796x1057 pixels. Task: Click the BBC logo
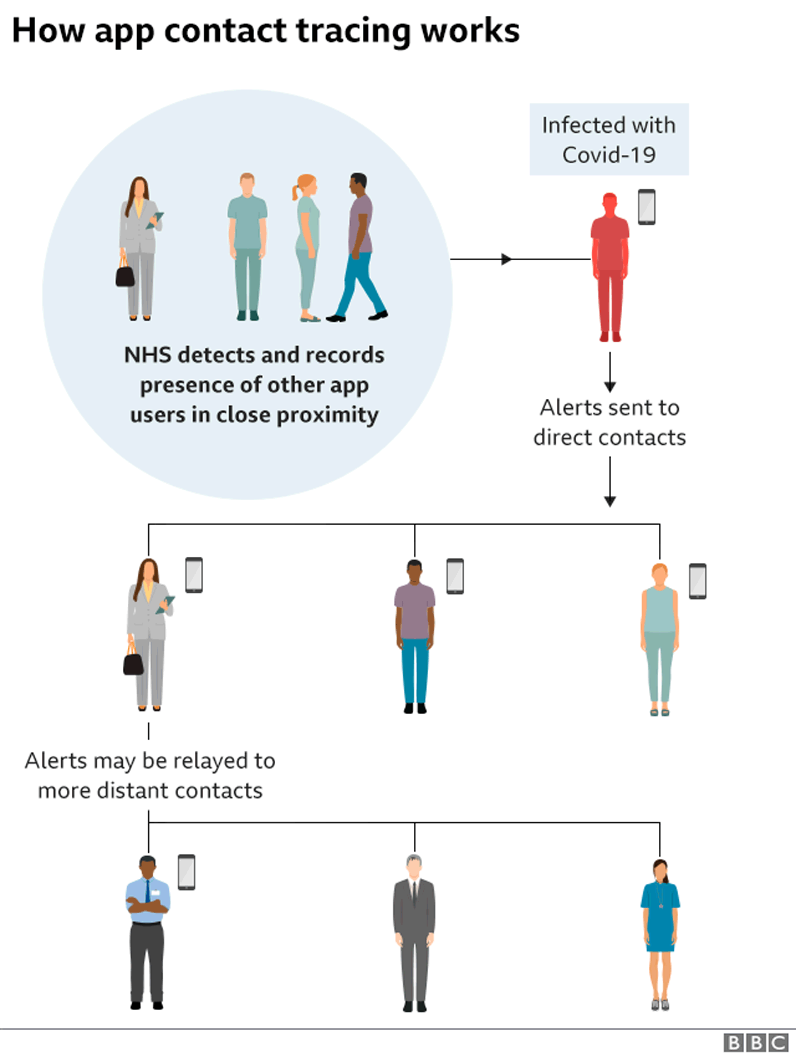click(756, 1042)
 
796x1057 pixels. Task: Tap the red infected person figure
click(610, 267)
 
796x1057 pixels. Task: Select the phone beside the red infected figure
click(647, 206)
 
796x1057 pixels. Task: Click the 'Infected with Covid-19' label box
click(609, 139)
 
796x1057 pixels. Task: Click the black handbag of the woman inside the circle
click(125, 275)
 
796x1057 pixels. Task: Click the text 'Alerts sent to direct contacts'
click(610, 422)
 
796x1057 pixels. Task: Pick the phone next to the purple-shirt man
click(455, 576)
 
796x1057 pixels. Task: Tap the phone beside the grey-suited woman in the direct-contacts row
click(194, 575)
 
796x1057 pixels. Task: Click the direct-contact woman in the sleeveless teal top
click(660, 639)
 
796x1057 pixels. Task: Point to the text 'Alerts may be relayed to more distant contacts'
click(150, 775)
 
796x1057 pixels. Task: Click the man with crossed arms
click(148, 932)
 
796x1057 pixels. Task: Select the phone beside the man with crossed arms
click(186, 872)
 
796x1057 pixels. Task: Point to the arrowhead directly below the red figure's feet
click(610, 387)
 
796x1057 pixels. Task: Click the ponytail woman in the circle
click(306, 247)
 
